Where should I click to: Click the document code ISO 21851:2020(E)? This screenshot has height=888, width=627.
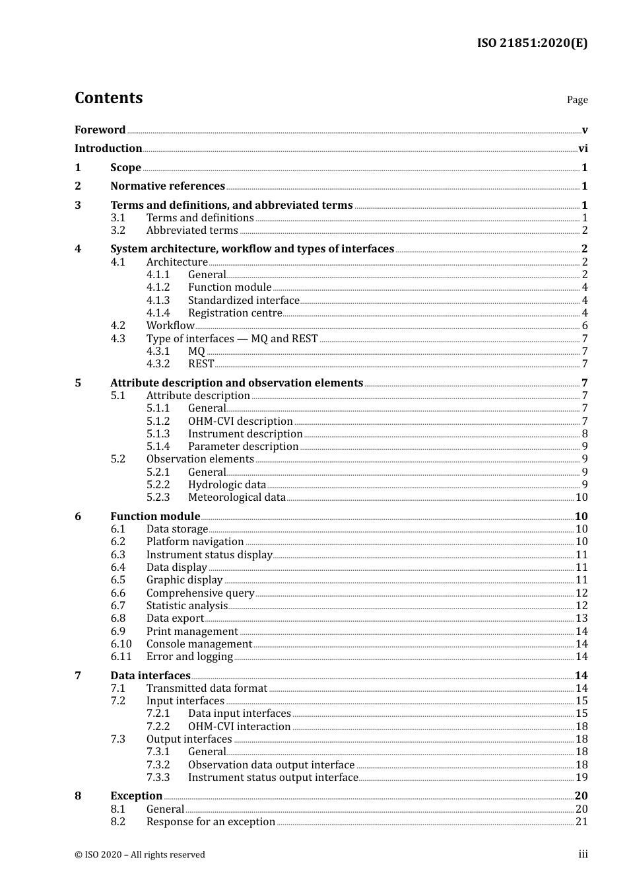point(532,43)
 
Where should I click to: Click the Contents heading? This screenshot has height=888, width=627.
point(108,98)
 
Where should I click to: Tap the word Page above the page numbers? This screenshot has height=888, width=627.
point(577,100)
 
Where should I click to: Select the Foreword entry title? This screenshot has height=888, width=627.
point(100,130)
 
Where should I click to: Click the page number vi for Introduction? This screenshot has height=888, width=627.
point(583,149)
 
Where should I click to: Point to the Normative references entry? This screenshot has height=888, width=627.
point(168,186)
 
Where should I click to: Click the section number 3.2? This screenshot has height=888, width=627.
point(118,231)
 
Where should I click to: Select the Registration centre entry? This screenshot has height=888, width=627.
point(235,313)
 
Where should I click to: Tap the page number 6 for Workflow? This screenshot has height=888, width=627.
point(585,326)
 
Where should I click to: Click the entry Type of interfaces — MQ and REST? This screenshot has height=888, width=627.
point(232,339)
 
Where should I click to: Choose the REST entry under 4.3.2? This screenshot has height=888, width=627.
point(201,364)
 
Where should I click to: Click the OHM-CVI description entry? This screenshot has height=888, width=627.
point(240,422)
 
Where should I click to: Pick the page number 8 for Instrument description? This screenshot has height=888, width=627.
point(585,434)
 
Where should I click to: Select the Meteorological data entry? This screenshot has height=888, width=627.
point(237,498)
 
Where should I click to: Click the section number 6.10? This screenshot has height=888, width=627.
point(121,644)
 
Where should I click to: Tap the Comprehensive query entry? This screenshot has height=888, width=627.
point(200,593)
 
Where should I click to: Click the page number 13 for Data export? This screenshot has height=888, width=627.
point(581,618)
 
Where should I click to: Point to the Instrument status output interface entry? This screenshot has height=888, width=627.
point(273,778)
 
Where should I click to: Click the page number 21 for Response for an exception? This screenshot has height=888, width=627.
point(581,822)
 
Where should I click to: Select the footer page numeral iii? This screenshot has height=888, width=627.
point(583,854)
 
